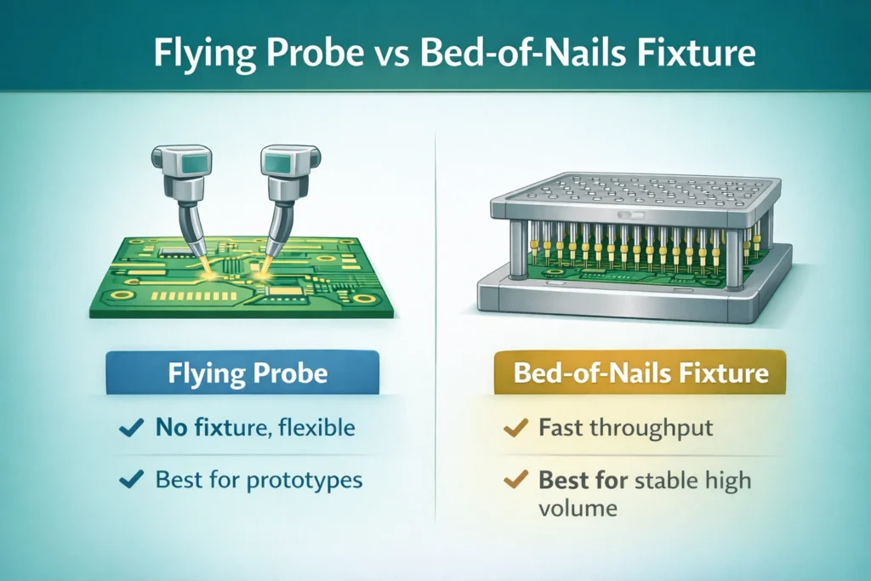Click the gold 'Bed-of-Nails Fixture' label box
(640, 373)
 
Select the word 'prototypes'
(305, 481)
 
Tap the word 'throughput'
(650, 428)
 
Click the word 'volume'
(578, 509)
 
